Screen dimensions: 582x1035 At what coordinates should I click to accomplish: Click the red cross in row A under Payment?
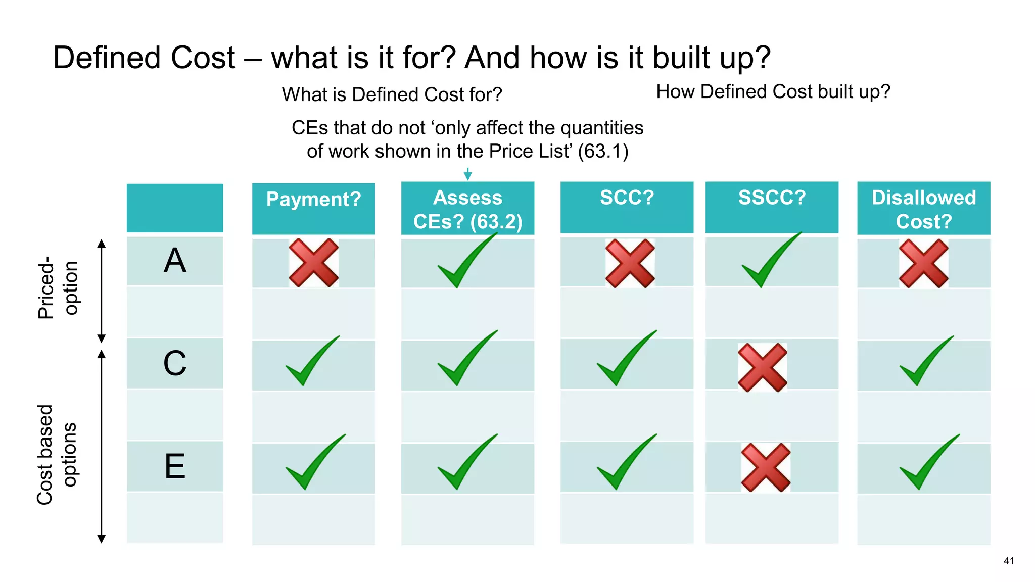click(313, 263)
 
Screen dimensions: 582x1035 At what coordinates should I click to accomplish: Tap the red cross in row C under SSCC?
click(762, 368)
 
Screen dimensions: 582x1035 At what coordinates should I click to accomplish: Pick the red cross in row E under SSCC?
click(766, 467)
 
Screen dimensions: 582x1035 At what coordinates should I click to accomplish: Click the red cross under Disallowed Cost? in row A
click(923, 263)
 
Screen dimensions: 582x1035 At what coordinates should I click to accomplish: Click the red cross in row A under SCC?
click(630, 263)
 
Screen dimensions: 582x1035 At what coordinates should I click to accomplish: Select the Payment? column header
click(313, 199)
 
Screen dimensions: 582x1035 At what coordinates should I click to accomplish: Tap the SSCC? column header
click(772, 198)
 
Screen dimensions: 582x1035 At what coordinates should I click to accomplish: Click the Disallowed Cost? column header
click(923, 209)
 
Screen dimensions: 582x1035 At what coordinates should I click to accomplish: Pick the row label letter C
click(175, 363)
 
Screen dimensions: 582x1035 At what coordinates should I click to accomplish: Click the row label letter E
click(175, 466)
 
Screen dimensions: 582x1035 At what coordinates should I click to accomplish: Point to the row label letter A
click(175, 261)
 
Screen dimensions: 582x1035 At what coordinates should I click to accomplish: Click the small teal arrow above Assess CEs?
click(468, 174)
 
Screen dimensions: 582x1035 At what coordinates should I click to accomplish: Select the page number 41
click(1009, 561)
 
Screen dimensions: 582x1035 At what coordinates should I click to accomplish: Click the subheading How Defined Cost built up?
click(773, 92)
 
